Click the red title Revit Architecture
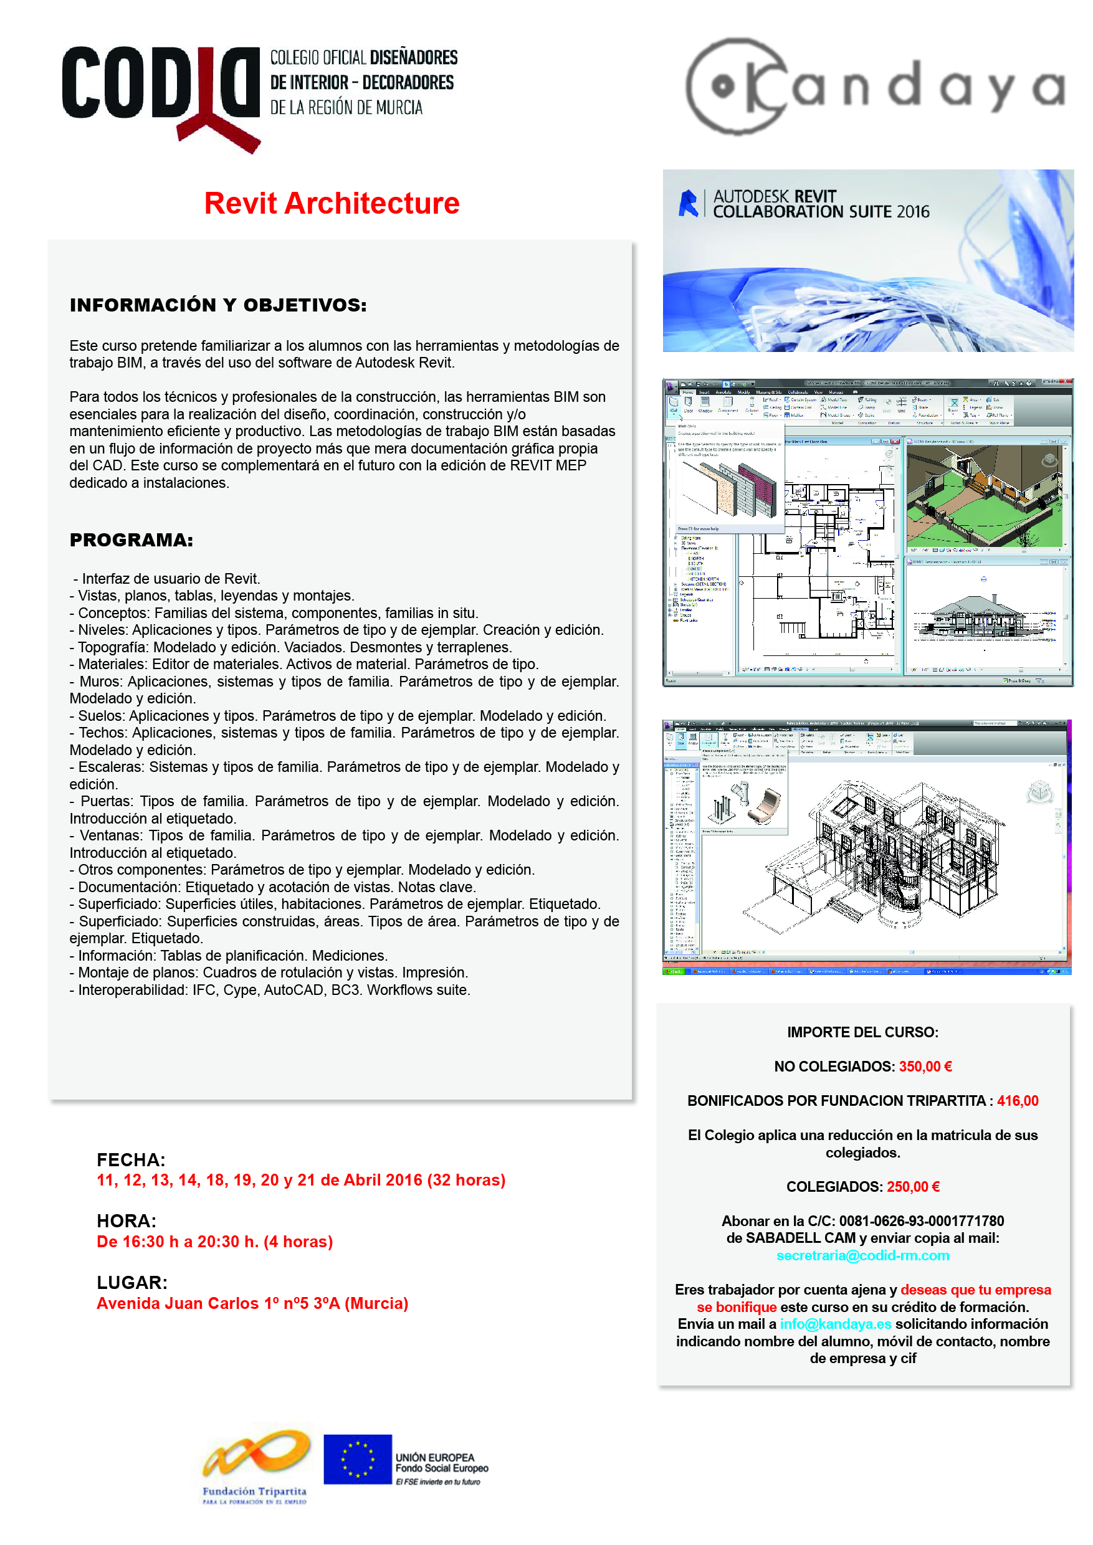coord(332,203)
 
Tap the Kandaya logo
coord(874,87)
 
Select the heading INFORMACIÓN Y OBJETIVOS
coord(218,305)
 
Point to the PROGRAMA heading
coord(131,540)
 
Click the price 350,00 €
coord(925,1067)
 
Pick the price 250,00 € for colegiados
coord(913,1186)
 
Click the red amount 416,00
coord(1017,1101)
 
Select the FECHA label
coord(131,1159)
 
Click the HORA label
coord(126,1220)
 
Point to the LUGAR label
coord(132,1282)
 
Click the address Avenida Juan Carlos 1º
coord(252,1303)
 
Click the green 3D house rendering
coord(984,497)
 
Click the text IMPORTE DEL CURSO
coord(862,1032)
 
